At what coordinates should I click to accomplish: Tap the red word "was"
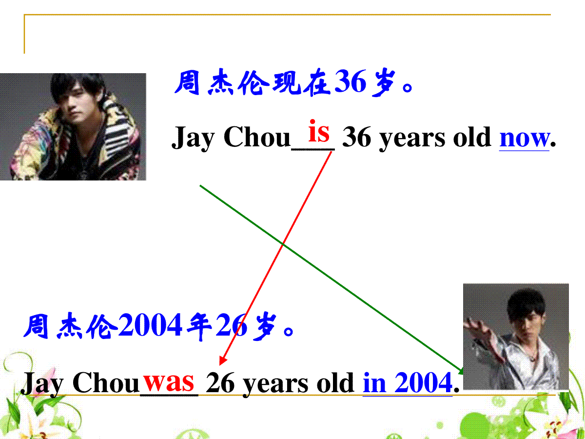(169, 382)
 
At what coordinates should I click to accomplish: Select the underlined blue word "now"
(524, 139)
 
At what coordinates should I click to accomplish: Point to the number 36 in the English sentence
(356, 137)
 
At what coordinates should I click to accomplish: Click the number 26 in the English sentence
(220, 383)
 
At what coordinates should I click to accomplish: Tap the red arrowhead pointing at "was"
(222, 360)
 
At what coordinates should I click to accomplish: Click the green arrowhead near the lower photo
(460, 371)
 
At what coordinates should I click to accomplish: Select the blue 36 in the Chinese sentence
(350, 82)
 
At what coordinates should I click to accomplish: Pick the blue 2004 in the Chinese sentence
(151, 325)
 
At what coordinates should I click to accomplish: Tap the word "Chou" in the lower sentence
(105, 383)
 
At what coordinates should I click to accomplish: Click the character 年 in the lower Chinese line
(199, 326)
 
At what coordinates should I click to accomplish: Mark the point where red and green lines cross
(283, 243)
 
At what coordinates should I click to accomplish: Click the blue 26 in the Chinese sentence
(232, 325)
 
